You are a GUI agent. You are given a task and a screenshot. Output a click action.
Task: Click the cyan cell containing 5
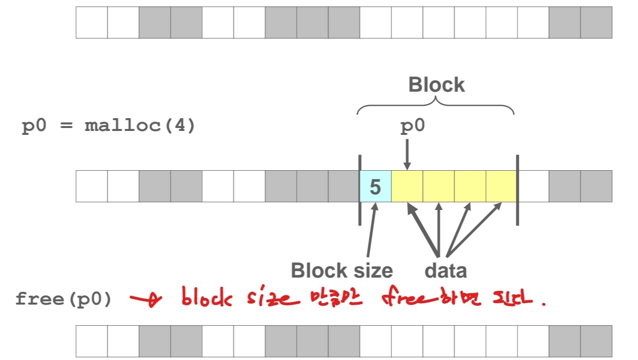(376, 186)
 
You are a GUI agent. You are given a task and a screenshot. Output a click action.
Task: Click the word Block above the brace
(436, 85)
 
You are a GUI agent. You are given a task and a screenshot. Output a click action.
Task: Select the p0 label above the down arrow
(412, 127)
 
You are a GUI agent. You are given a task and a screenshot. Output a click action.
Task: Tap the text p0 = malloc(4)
(108, 126)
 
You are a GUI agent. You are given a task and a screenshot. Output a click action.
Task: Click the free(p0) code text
(64, 299)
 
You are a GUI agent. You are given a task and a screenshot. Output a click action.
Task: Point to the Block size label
(341, 270)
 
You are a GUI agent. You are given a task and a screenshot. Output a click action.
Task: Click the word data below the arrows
(446, 270)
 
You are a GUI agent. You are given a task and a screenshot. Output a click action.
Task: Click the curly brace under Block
(435, 105)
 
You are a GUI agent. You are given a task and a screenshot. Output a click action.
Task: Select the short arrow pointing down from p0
(407, 154)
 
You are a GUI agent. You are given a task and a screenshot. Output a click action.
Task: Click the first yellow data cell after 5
(407, 186)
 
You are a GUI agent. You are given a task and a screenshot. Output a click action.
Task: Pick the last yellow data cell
(501, 186)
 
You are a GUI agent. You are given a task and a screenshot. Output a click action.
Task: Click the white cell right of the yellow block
(533, 186)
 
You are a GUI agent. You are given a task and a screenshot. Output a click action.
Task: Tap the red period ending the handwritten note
(543, 305)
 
